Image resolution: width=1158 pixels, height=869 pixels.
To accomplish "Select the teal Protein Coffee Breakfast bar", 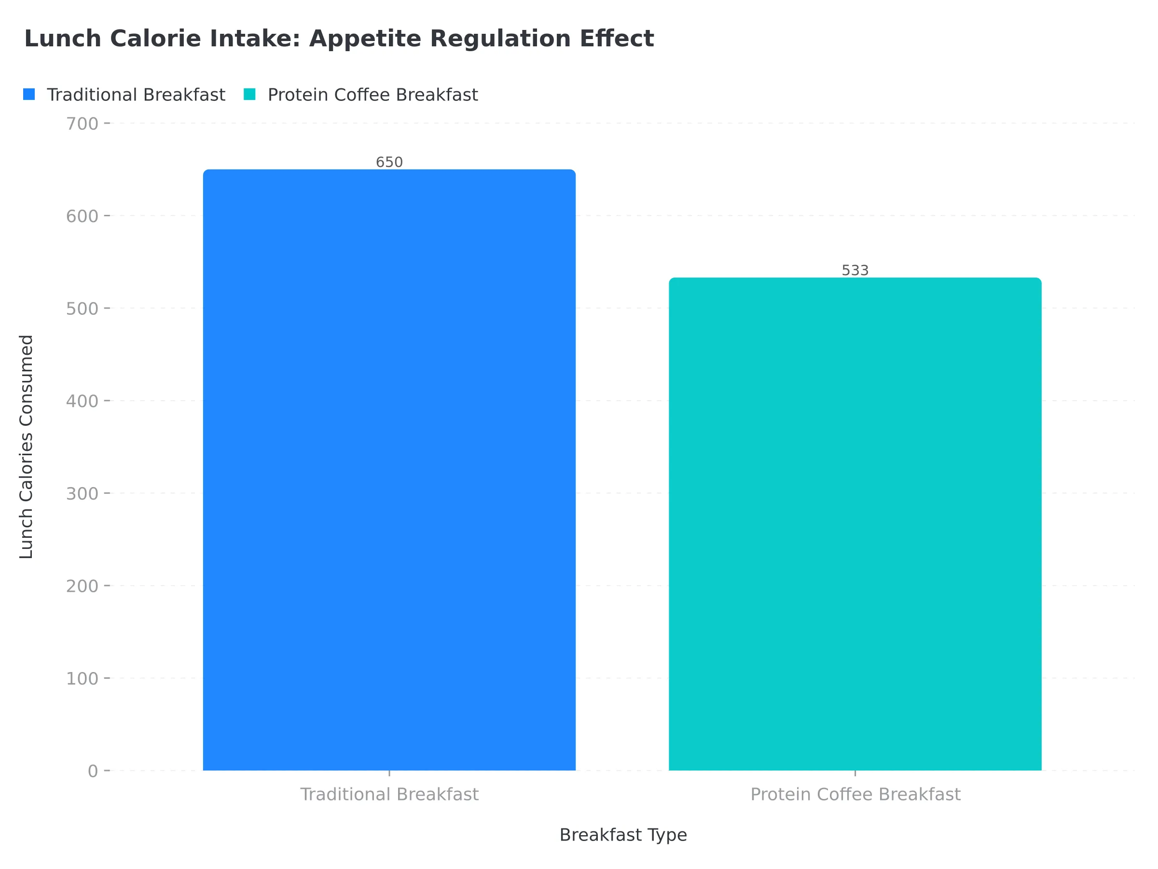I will [855, 524].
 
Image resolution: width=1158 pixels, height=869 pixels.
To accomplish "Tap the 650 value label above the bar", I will [389, 162].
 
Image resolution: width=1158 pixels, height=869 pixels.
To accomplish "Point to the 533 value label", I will [855, 270].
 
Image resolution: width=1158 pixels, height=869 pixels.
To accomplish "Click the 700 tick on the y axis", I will [82, 124].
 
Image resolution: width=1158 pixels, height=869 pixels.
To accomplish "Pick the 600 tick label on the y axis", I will [82, 216].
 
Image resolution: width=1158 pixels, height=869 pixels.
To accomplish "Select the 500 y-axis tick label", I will [82, 309].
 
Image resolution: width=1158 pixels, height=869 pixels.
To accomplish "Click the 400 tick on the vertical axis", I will [82, 401].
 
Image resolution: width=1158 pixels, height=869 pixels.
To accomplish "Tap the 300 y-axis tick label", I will [82, 493].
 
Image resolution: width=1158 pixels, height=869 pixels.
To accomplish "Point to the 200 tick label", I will [82, 586].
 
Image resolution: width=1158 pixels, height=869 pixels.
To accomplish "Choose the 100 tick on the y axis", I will [82, 679].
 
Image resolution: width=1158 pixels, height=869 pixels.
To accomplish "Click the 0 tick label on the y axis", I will [93, 771].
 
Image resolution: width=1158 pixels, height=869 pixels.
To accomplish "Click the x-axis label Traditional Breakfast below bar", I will [389, 795].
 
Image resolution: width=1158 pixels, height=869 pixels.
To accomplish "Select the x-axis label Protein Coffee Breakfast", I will [855, 795].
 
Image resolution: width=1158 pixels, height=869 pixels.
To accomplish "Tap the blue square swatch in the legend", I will [29, 94].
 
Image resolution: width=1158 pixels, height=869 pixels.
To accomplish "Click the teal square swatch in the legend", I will [250, 94].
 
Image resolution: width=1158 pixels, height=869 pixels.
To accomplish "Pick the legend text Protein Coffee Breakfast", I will [373, 95].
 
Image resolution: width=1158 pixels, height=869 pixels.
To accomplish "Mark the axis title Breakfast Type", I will [623, 835].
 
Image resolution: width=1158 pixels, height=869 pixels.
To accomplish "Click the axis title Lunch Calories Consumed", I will [26, 447].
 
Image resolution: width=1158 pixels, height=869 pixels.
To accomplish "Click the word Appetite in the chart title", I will [365, 39].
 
